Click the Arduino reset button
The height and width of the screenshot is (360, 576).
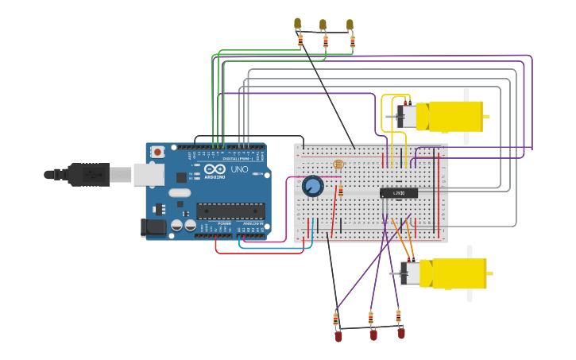point(157,152)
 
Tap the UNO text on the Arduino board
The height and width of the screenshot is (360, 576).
point(239,169)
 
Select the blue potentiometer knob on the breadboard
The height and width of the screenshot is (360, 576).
point(313,186)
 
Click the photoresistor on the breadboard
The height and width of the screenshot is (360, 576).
point(338,165)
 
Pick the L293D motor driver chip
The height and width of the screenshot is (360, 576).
point(399,192)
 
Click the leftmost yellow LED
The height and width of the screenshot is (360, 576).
point(298,24)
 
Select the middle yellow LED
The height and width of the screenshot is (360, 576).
point(323,25)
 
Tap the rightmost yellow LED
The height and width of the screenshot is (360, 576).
point(350,25)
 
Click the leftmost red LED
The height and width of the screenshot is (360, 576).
point(338,336)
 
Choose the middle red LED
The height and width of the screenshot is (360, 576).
point(373,335)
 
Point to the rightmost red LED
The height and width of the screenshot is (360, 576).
point(401,333)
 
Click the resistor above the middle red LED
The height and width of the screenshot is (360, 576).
point(370,318)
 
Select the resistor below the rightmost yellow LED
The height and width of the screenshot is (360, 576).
point(352,41)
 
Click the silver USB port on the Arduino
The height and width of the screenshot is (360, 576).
point(149,174)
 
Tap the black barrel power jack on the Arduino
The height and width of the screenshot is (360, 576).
point(153,227)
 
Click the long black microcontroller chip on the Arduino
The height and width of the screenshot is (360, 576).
point(230,211)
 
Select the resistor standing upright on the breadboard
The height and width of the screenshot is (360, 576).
point(341,192)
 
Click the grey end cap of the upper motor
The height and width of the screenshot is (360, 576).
point(407,117)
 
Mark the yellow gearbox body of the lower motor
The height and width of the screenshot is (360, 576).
point(458,273)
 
